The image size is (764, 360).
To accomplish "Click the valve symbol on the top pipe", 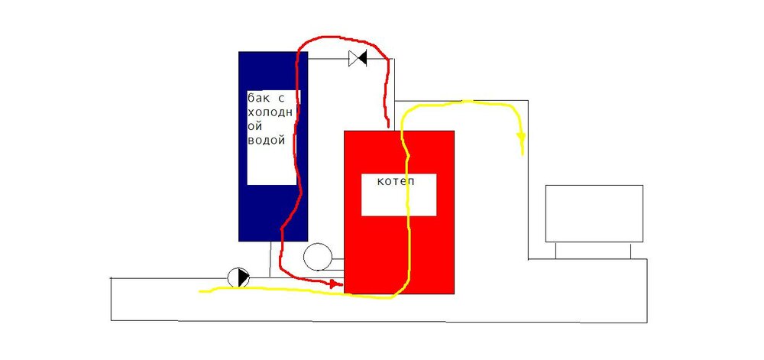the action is pos(358,59).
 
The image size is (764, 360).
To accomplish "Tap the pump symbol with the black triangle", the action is pos(238,278).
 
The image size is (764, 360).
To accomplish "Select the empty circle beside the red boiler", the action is pos(318,257).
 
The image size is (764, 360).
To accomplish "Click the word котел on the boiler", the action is pos(396,182).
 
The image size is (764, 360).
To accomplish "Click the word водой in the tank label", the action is pos(266,141).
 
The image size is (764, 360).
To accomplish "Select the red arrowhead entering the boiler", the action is pos(335,284).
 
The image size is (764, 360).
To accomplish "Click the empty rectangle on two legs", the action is pos(594,213).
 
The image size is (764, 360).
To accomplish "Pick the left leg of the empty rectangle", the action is pos(556,251).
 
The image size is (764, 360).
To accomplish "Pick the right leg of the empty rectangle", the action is pos(631,251).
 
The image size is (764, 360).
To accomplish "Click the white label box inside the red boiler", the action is pos(399,194).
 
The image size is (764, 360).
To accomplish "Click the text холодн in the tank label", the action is pos(270,112).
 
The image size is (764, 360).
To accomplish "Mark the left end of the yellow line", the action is pos(200,292).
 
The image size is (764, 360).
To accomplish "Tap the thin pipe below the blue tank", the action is pos(270,259).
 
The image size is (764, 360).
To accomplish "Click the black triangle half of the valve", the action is pos(362,59).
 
